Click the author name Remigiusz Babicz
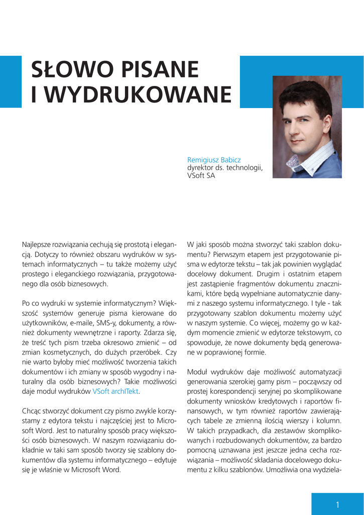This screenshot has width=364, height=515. coord(214,160)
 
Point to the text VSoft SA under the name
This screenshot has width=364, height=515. coord(201,176)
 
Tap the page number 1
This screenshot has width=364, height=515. coord(338,504)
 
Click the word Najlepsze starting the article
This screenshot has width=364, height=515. coord(39,244)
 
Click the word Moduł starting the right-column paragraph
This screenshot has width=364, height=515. coord(198,372)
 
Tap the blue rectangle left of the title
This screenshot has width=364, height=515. coord(10,81)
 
